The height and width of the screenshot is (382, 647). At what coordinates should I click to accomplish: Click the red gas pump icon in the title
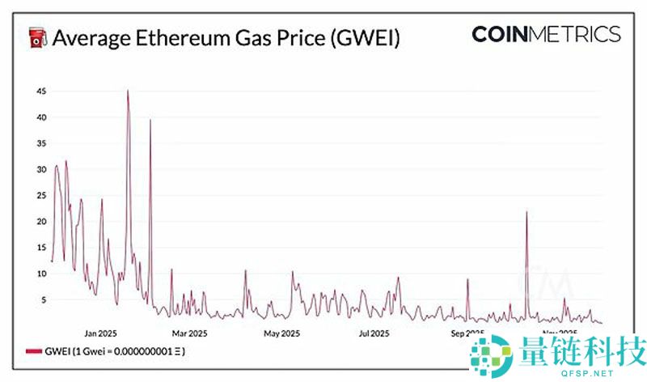pyautogui.click(x=36, y=38)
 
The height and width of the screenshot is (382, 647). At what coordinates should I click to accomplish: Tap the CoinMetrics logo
pyautogui.click(x=546, y=34)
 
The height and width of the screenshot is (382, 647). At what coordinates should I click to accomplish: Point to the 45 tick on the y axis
pyautogui.click(x=40, y=91)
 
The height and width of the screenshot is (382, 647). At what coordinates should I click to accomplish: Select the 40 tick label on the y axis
pyautogui.click(x=40, y=117)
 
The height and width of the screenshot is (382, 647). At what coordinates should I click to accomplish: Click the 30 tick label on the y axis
pyautogui.click(x=40, y=169)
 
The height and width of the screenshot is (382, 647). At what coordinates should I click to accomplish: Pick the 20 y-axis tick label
pyautogui.click(x=40, y=222)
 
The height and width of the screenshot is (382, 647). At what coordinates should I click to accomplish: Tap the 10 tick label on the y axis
pyautogui.click(x=40, y=274)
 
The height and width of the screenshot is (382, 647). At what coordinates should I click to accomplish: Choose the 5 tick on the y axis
pyautogui.click(x=43, y=299)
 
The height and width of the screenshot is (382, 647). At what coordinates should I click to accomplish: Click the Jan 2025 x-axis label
pyautogui.click(x=102, y=333)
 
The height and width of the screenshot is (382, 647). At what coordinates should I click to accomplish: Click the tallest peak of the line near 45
pyautogui.click(x=128, y=91)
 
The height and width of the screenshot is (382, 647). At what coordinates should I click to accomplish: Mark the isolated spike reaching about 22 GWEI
pyautogui.click(x=526, y=212)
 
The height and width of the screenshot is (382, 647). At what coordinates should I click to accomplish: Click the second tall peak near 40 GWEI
pyautogui.click(x=150, y=121)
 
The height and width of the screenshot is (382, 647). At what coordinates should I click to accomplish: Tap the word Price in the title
pyautogui.click(x=304, y=38)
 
